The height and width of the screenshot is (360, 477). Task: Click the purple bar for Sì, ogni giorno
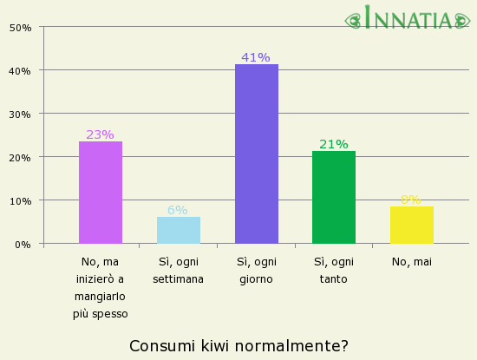256,154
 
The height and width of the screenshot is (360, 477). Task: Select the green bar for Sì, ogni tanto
334,197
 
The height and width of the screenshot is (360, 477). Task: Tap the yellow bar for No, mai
411,225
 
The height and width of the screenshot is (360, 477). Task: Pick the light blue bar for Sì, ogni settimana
178,230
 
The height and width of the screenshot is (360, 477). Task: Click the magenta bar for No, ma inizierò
101,193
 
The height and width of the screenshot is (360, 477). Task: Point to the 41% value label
256,57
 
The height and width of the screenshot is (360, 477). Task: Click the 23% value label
101,134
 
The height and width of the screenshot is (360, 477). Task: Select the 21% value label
334,144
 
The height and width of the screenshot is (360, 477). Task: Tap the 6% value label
178,210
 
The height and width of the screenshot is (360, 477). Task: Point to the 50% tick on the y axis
20,27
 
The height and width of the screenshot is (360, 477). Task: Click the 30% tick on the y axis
20,114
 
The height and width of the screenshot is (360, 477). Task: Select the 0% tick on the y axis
23,244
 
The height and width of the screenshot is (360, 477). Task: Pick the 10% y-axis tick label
20,200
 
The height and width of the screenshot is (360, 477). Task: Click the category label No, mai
411,261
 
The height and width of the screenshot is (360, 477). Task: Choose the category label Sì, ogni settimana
178,270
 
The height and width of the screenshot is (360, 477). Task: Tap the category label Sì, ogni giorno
256,270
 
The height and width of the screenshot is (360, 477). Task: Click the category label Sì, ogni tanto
334,270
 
